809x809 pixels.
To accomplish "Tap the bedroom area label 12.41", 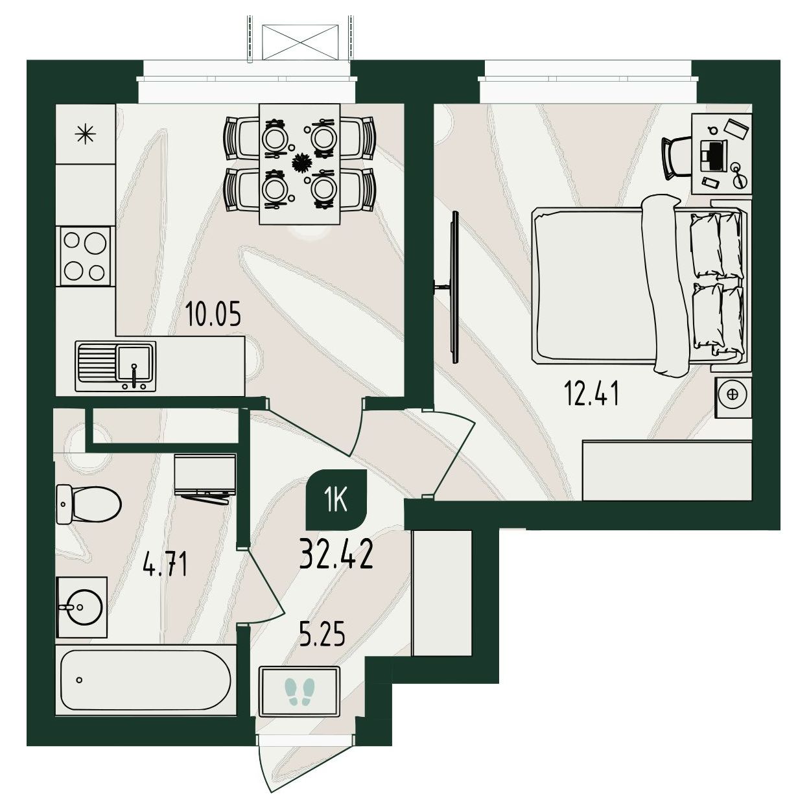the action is coord(592,395).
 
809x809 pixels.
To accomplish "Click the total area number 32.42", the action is coord(336,554).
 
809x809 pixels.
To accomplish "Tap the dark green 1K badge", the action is coord(336,500).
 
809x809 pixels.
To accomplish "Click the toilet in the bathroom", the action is coord(89,504).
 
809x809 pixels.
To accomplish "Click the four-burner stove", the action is coord(85,256).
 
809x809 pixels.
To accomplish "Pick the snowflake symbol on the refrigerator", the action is coord(85,134).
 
